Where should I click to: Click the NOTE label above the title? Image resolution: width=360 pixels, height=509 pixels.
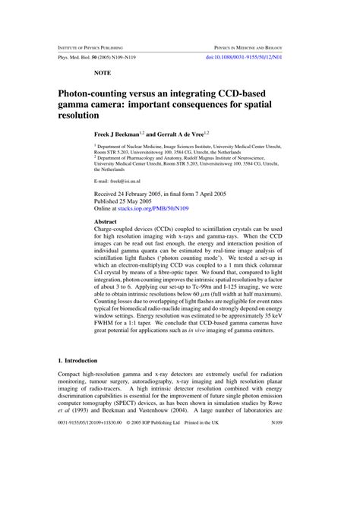click(103, 73)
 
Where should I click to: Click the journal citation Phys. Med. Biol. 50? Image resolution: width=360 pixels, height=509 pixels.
click(78, 57)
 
